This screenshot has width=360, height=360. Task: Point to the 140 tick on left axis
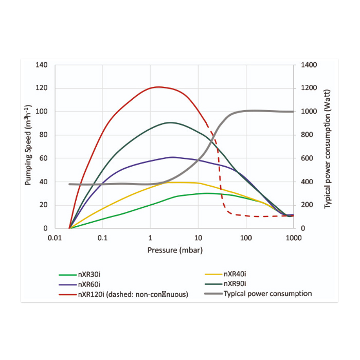42,65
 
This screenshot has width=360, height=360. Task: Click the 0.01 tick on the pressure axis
55,238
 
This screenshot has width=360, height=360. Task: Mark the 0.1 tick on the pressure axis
102,238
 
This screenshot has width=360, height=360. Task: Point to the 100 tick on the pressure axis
246,238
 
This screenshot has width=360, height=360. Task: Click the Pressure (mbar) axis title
174,250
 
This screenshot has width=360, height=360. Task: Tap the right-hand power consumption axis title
327,147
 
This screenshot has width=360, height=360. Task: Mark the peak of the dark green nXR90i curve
170,122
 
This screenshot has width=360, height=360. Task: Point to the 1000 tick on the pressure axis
293,238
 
